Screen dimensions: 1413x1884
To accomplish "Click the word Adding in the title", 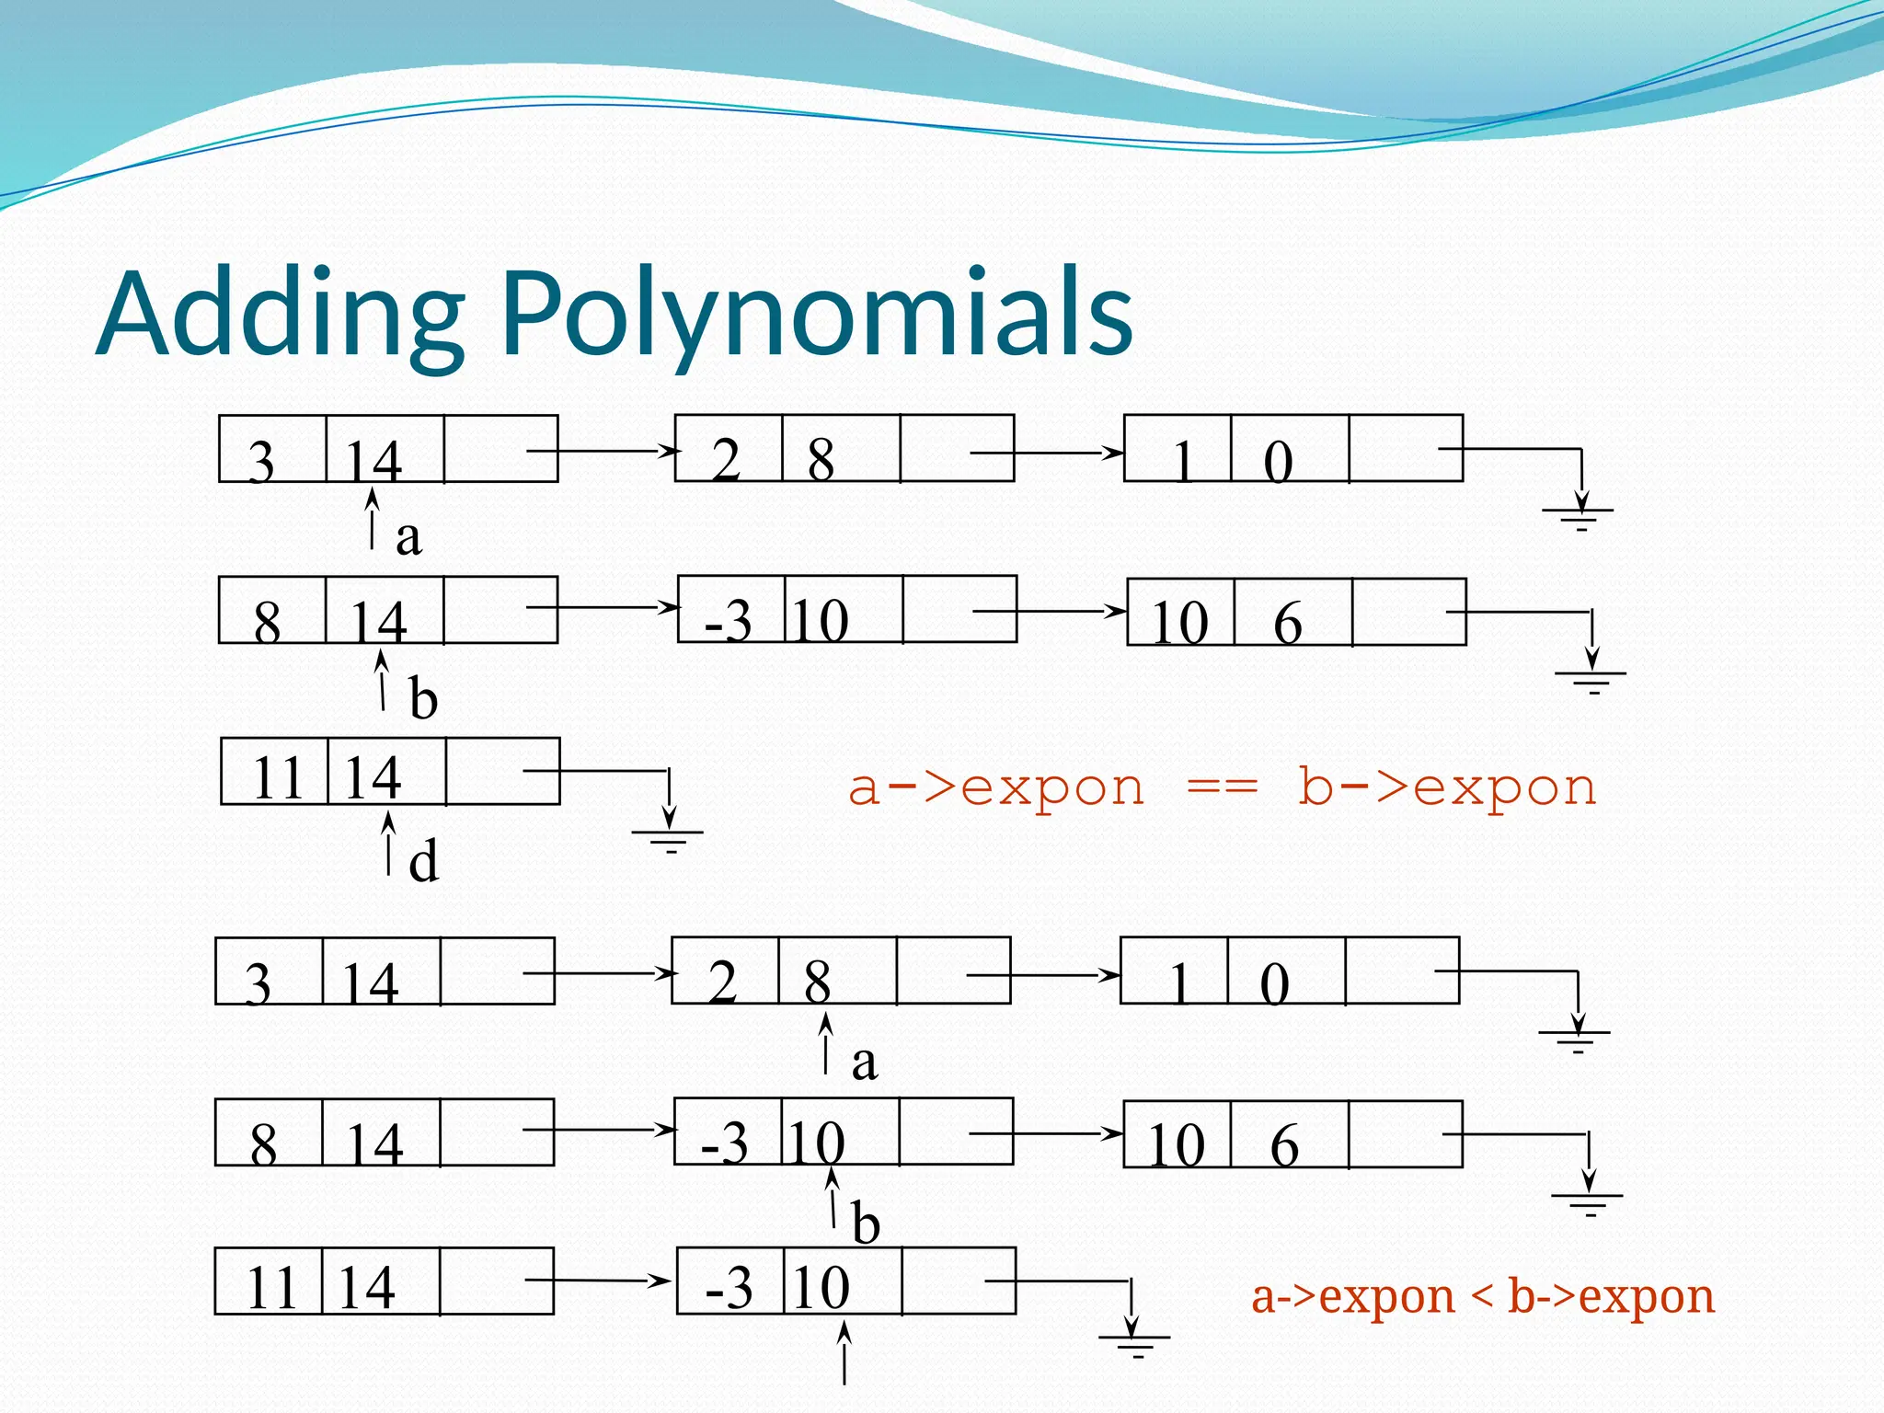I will point(281,315).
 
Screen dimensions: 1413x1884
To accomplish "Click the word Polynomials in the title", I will point(817,315).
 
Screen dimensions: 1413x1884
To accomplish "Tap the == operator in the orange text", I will point(1221,788).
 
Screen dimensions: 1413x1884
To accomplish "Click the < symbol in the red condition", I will point(1481,1297).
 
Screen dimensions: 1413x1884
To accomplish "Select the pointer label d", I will point(423,862).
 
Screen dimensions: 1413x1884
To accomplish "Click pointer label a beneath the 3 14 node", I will point(408,537).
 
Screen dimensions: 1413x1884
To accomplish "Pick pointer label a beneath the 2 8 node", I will point(864,1063).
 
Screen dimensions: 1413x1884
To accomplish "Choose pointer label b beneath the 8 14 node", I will point(422,699).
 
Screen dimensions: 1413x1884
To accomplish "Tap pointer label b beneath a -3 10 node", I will point(866,1223).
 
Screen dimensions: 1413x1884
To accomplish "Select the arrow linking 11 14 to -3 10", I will point(598,1280).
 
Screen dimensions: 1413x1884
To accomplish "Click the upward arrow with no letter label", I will point(844,1352).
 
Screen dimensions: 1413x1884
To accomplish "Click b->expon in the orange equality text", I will point(1447,788).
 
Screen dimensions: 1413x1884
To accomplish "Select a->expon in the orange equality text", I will point(996,788).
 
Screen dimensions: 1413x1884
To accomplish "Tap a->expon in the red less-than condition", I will point(1353,1297).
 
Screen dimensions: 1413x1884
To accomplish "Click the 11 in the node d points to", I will point(276,777).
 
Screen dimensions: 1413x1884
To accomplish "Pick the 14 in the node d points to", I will point(373,777).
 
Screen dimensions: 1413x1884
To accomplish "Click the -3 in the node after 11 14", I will point(729,1287).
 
